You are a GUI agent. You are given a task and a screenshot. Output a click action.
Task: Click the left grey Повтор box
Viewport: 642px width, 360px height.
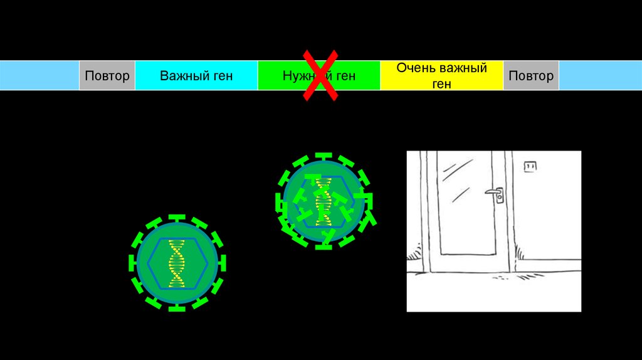pos(107,76)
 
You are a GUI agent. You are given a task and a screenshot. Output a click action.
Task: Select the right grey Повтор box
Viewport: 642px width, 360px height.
pos(531,76)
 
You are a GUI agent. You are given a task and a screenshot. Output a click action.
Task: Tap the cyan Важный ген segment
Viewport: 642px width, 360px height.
pos(196,76)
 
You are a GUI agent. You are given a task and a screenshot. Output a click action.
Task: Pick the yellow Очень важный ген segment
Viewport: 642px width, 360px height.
pos(441,76)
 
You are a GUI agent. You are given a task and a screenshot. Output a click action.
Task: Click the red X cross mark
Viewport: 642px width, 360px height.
pos(320,76)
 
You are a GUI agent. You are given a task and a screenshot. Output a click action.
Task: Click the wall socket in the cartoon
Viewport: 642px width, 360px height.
pos(530,166)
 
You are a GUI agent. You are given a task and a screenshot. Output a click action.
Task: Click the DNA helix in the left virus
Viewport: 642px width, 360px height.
pos(177,263)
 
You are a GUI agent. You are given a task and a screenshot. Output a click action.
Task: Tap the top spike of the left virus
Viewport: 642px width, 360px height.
pos(177,217)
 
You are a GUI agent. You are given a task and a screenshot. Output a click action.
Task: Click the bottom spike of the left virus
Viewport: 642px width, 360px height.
pos(177,308)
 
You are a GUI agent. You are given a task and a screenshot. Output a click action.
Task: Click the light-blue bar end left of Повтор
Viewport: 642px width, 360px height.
pos(39,76)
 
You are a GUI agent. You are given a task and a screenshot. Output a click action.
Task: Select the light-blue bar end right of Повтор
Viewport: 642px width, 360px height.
pos(600,76)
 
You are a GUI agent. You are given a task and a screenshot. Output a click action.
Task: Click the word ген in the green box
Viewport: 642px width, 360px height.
pos(345,76)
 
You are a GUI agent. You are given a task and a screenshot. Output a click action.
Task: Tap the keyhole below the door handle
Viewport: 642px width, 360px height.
pos(500,199)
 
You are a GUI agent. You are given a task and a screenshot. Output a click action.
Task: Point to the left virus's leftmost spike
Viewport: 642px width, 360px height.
pos(132,263)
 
